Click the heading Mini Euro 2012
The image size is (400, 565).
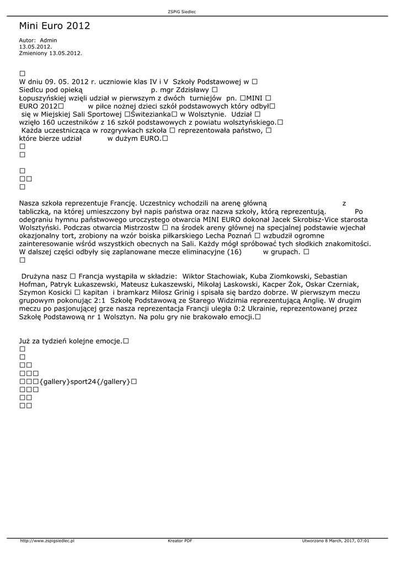[54, 26]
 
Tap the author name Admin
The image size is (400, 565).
[49, 40]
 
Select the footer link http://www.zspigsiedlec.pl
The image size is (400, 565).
[47, 541]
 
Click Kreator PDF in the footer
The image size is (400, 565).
[180, 541]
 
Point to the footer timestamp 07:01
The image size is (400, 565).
[363, 541]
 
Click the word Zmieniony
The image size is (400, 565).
[33, 54]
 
